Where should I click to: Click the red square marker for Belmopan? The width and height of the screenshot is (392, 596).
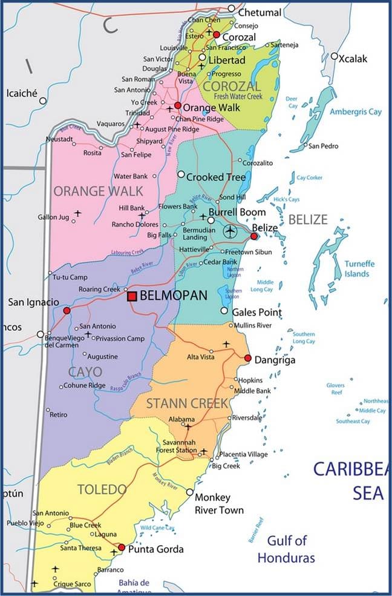132,296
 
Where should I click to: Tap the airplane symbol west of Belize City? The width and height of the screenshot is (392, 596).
230,231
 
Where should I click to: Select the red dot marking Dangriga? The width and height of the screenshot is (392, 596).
247,359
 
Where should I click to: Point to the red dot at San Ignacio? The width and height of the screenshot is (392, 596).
67,310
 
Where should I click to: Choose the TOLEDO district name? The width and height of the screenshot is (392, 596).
102,489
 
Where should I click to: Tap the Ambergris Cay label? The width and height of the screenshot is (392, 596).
356,112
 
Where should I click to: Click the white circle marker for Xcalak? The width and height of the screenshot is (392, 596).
334,56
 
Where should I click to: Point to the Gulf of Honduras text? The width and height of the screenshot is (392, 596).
286,549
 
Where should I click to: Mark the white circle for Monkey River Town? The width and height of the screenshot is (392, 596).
190,492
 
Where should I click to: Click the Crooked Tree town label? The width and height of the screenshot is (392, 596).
216,177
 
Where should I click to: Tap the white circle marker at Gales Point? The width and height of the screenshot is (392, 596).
224,311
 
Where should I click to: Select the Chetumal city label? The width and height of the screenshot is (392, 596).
260,12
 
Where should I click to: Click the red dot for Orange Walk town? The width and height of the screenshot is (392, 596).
178,105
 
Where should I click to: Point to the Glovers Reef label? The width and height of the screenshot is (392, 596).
336,389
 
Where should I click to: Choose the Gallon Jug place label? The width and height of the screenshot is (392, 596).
53,217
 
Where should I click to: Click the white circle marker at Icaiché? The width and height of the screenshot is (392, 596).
43,100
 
